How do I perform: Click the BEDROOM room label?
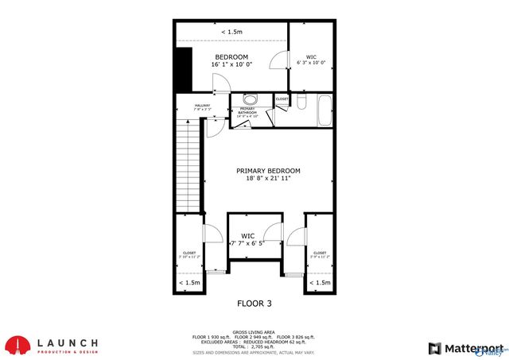(232, 57)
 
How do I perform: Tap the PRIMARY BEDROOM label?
(268, 171)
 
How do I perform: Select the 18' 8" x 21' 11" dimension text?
(268, 179)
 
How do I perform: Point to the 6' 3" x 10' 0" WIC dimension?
(311, 63)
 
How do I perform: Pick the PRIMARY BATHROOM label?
(247, 112)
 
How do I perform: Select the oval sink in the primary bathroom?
(250, 100)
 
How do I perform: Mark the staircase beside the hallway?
(188, 163)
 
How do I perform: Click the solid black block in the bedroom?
(184, 68)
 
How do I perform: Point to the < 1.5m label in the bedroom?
(231, 32)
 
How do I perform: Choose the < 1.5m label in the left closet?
(189, 283)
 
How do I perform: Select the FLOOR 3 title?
(254, 303)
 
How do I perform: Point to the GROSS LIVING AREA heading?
(254, 331)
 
